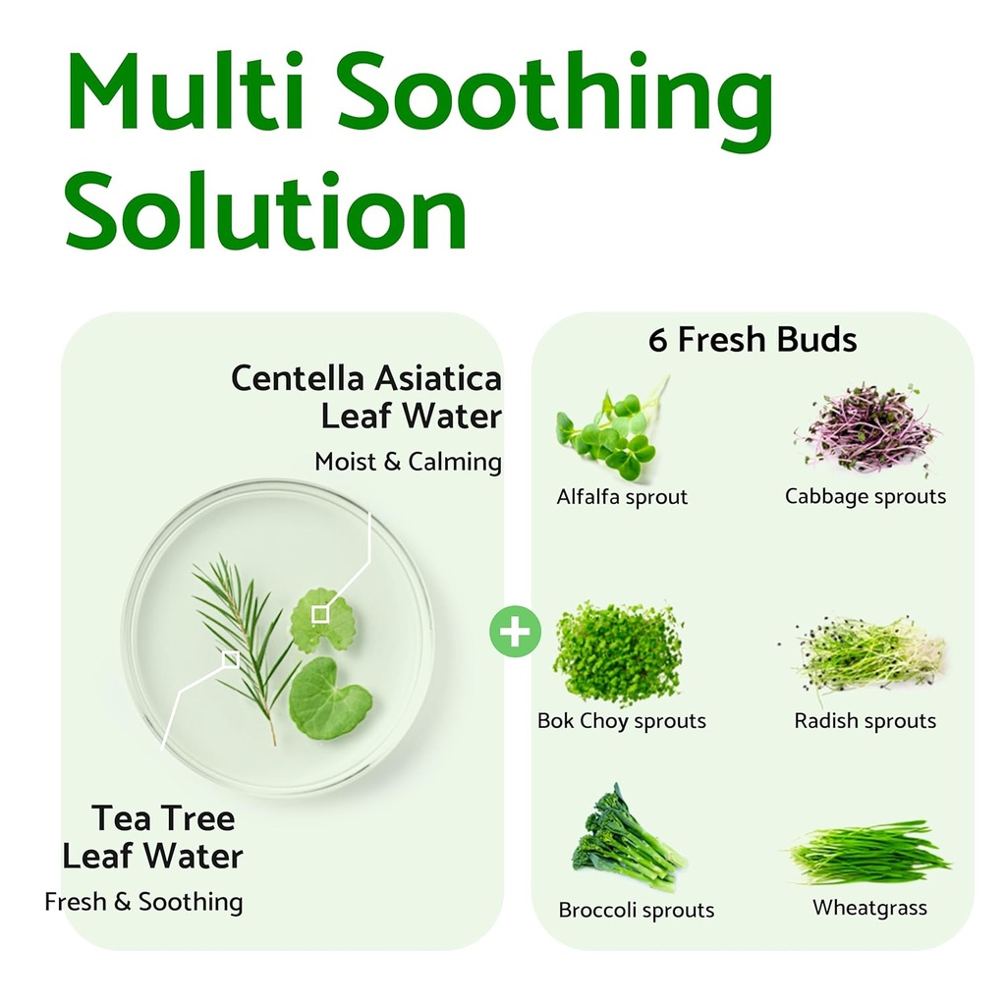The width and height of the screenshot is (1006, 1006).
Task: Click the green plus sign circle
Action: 515,633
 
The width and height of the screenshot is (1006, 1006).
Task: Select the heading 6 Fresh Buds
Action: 753,340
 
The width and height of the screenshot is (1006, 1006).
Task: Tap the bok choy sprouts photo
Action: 618,653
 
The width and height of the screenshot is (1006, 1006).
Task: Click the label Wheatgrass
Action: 869,908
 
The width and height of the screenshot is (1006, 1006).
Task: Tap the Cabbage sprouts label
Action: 866,496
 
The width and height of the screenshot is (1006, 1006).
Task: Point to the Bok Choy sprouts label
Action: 622,721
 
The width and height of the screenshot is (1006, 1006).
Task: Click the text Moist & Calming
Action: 408,462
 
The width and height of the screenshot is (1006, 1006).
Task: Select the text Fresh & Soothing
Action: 143,901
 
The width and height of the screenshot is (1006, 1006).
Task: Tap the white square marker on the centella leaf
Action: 319,614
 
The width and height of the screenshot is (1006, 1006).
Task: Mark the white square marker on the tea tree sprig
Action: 230,658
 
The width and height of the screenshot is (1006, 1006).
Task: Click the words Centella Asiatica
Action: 365,378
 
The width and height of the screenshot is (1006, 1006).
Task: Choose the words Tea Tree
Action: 163,817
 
